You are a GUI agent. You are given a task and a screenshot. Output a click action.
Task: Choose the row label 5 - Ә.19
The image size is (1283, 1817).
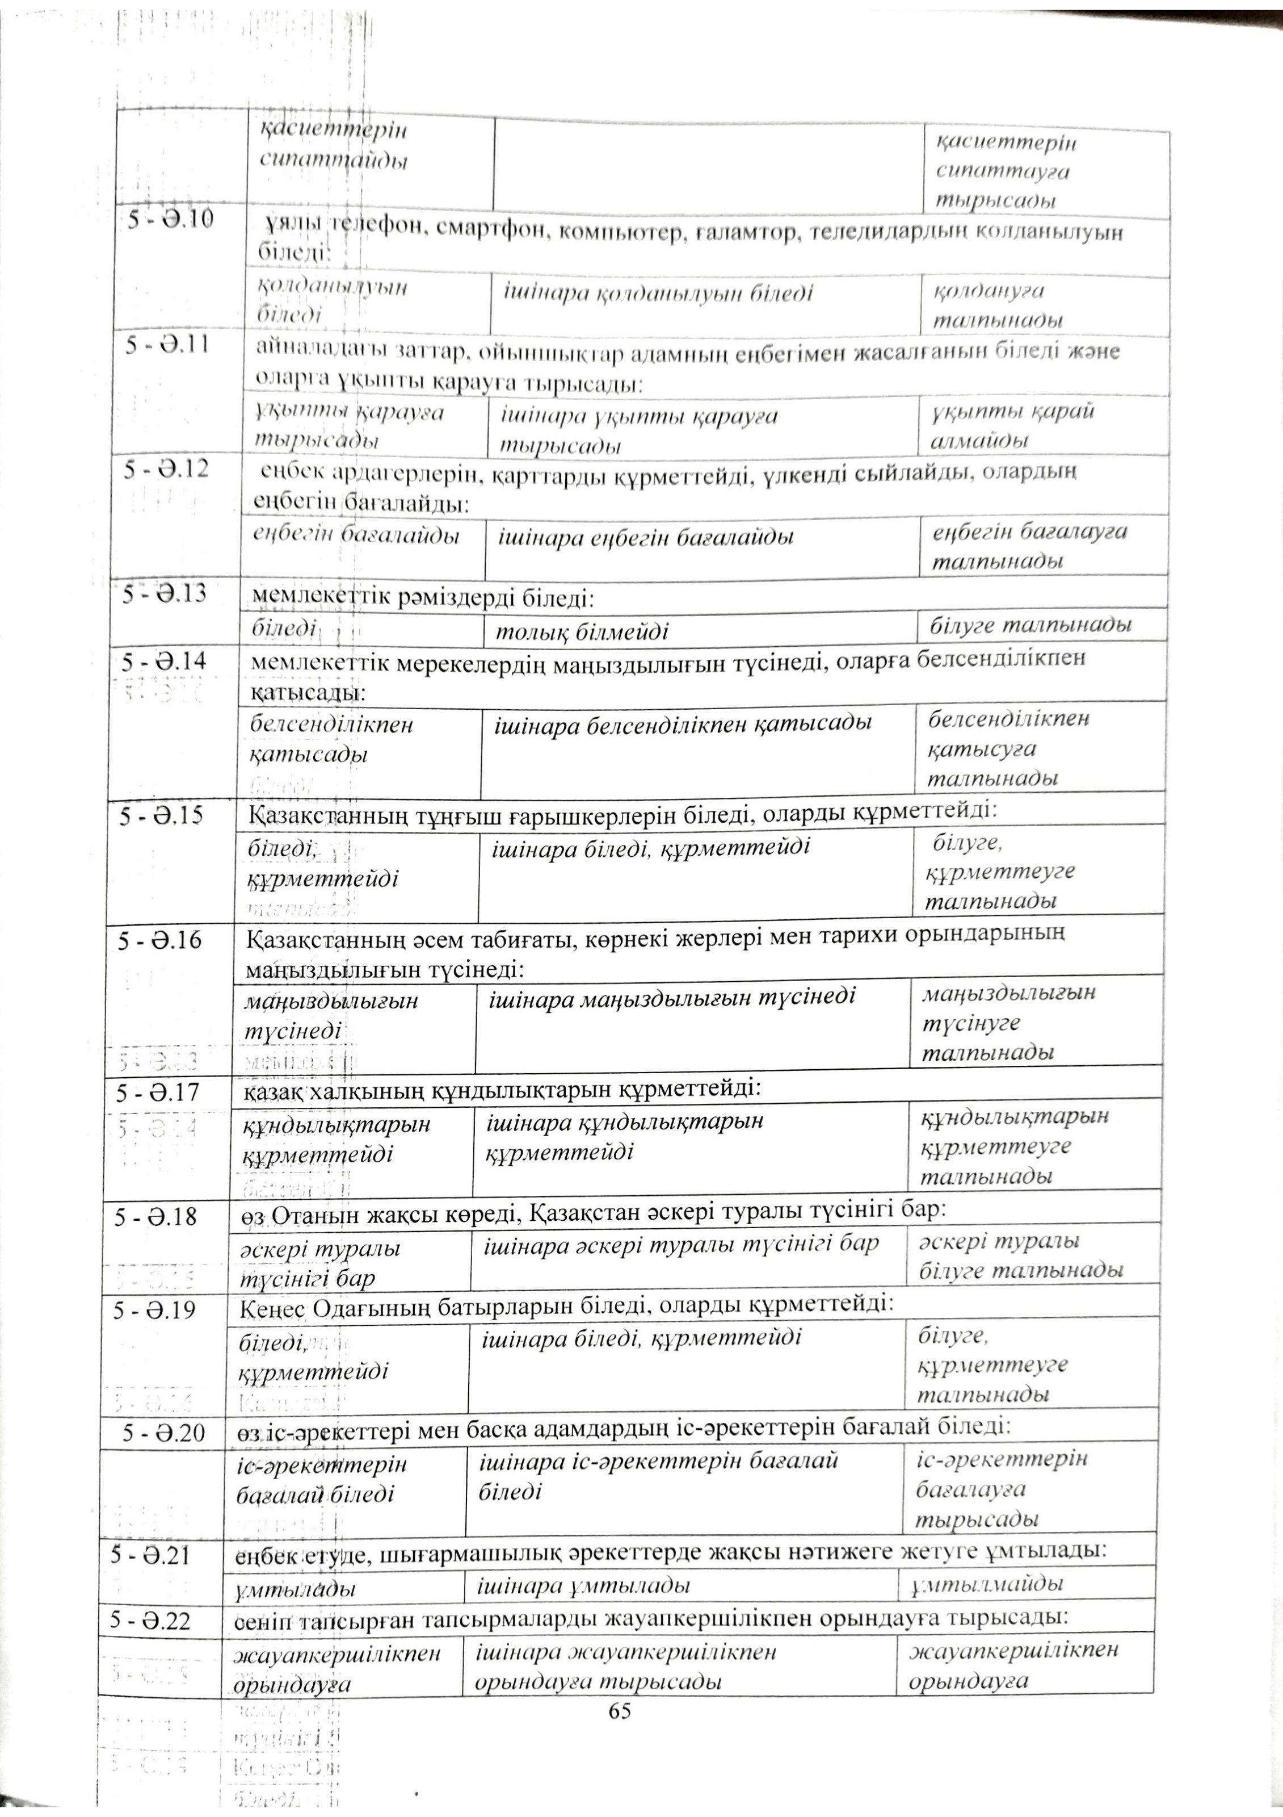tap(154, 1311)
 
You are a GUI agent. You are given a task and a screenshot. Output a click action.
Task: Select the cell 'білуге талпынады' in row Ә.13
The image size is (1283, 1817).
tap(1030, 626)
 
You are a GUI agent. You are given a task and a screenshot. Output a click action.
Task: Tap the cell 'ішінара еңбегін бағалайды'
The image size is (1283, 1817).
tap(645, 538)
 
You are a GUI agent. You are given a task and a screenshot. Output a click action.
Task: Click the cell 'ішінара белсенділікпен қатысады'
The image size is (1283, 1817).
tap(683, 723)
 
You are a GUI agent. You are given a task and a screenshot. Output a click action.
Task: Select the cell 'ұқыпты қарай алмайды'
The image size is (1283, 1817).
tap(1014, 426)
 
